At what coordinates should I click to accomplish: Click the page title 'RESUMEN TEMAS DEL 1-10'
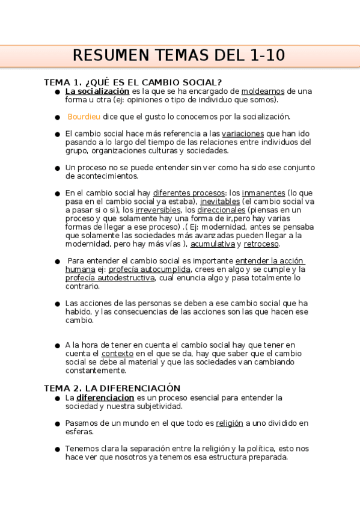(x=179, y=56)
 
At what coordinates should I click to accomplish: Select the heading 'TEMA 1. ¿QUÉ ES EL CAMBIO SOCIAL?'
(x=133, y=82)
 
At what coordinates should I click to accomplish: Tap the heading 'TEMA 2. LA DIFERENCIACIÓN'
(x=112, y=389)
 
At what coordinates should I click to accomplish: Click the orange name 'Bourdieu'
(x=84, y=117)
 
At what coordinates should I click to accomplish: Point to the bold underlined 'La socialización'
(x=97, y=91)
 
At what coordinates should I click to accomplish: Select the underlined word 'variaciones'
(x=243, y=134)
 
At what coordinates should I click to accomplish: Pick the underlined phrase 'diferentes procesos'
(x=189, y=193)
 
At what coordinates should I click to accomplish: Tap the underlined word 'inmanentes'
(x=263, y=193)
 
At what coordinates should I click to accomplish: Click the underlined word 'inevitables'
(x=220, y=201)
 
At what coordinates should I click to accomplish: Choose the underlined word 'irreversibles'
(x=158, y=210)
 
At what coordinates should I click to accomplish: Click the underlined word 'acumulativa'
(x=213, y=244)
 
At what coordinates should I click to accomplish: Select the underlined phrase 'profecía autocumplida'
(x=145, y=269)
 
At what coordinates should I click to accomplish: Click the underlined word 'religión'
(x=230, y=423)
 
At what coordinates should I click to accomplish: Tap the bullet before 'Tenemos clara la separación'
(x=57, y=449)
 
